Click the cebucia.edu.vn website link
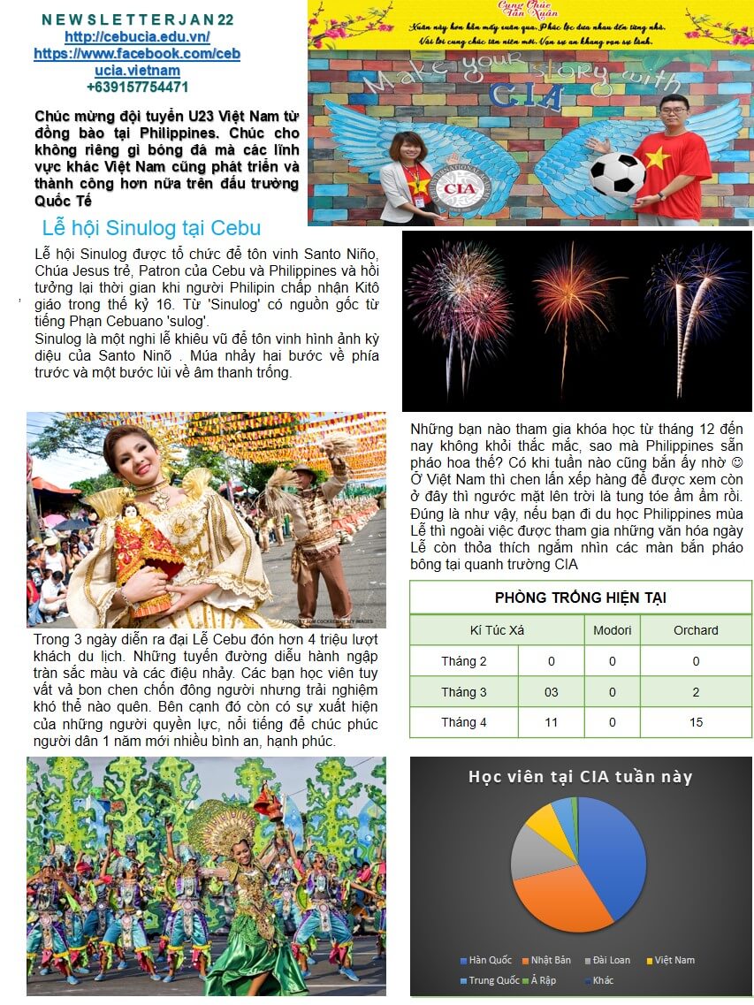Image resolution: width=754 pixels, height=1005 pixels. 137,37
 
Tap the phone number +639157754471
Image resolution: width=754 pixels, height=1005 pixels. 137,88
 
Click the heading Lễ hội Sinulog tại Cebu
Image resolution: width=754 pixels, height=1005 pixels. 151,227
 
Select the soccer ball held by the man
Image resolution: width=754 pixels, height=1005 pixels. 617,173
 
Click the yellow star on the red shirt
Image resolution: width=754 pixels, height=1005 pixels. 658,159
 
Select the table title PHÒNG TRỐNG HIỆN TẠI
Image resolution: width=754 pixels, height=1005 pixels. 580,598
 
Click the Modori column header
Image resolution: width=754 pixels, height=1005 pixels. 612,630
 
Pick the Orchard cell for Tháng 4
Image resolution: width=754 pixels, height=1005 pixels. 696,722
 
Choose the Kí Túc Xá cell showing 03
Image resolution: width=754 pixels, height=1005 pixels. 551,692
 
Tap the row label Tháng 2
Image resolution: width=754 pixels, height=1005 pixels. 463,661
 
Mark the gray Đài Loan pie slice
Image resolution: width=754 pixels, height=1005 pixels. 531,850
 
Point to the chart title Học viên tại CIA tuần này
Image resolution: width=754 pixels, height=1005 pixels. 580,777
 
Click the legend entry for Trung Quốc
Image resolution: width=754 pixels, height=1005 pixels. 490,980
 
